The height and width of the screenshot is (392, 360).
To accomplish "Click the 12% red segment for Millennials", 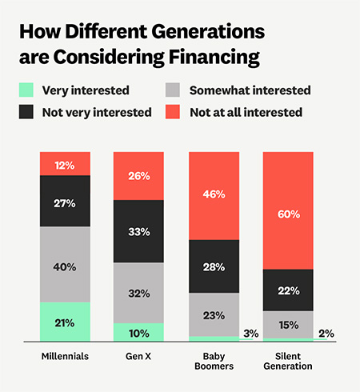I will tap(65, 166).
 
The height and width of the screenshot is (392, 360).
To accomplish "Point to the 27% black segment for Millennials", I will tap(65, 204).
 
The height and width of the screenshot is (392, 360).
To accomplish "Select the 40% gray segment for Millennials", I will tap(65, 265).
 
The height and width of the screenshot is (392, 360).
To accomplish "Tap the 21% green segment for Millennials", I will tap(65, 322).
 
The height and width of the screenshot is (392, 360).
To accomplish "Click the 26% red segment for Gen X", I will tap(138, 175).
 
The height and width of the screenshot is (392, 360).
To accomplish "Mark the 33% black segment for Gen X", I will tap(138, 231).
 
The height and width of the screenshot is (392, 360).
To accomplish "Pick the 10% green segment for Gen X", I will tap(138, 332).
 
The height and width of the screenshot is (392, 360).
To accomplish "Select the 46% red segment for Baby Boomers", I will tap(213, 195).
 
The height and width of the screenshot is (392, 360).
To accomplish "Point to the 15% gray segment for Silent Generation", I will tap(287, 324).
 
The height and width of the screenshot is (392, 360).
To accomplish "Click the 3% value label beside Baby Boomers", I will tap(251, 334).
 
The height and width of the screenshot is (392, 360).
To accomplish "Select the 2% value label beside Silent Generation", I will tap(326, 334).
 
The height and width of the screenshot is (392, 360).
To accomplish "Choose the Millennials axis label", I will tap(65, 355).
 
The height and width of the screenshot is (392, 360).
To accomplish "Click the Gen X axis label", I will tap(138, 355).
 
